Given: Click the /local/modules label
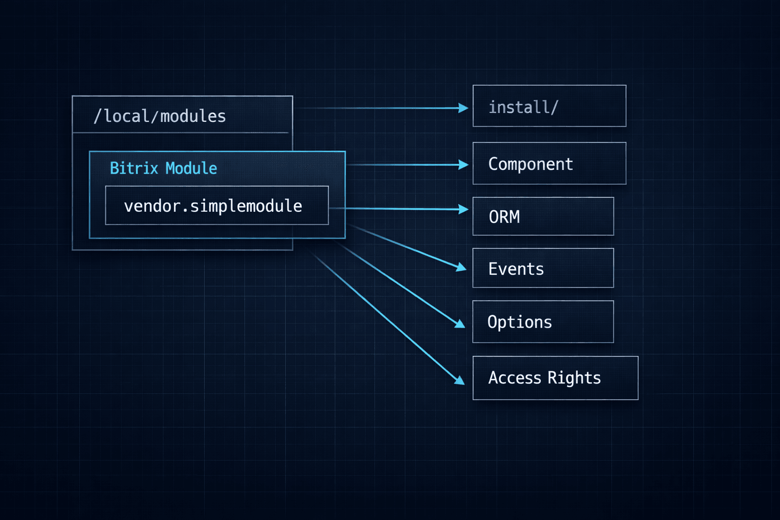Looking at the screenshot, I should pyautogui.click(x=159, y=116).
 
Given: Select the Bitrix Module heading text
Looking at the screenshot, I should pyautogui.click(x=163, y=168).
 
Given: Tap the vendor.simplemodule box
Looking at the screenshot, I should pyautogui.click(x=217, y=206).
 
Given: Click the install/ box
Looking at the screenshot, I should pyautogui.click(x=549, y=106).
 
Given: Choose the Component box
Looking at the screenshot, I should pyautogui.click(x=549, y=164).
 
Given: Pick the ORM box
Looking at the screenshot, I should pyautogui.click(x=543, y=216).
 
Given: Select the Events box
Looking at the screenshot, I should pyautogui.click(x=543, y=268).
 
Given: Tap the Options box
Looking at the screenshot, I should pyautogui.click(x=543, y=322).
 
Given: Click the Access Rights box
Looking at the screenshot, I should pyautogui.click(x=555, y=378).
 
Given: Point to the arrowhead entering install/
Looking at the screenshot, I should pyautogui.click(x=463, y=108).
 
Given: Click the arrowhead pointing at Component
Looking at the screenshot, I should pyautogui.click(x=463, y=165).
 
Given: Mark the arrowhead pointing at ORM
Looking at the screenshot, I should pyautogui.click(x=463, y=209).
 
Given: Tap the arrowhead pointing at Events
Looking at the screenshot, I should pyautogui.click(x=461, y=267).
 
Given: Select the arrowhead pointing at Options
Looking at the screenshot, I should pyautogui.click(x=460, y=323).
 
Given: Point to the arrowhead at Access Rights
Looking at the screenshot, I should pyautogui.click(x=459, y=380).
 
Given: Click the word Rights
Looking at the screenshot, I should pyautogui.click(x=574, y=378).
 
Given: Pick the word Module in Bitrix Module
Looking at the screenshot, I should pyautogui.click(x=191, y=168).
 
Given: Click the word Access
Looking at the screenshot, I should pyautogui.click(x=514, y=378).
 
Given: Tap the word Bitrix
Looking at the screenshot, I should pyautogui.click(x=134, y=168).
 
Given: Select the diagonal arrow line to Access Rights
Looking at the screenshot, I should pyautogui.click(x=386, y=316).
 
